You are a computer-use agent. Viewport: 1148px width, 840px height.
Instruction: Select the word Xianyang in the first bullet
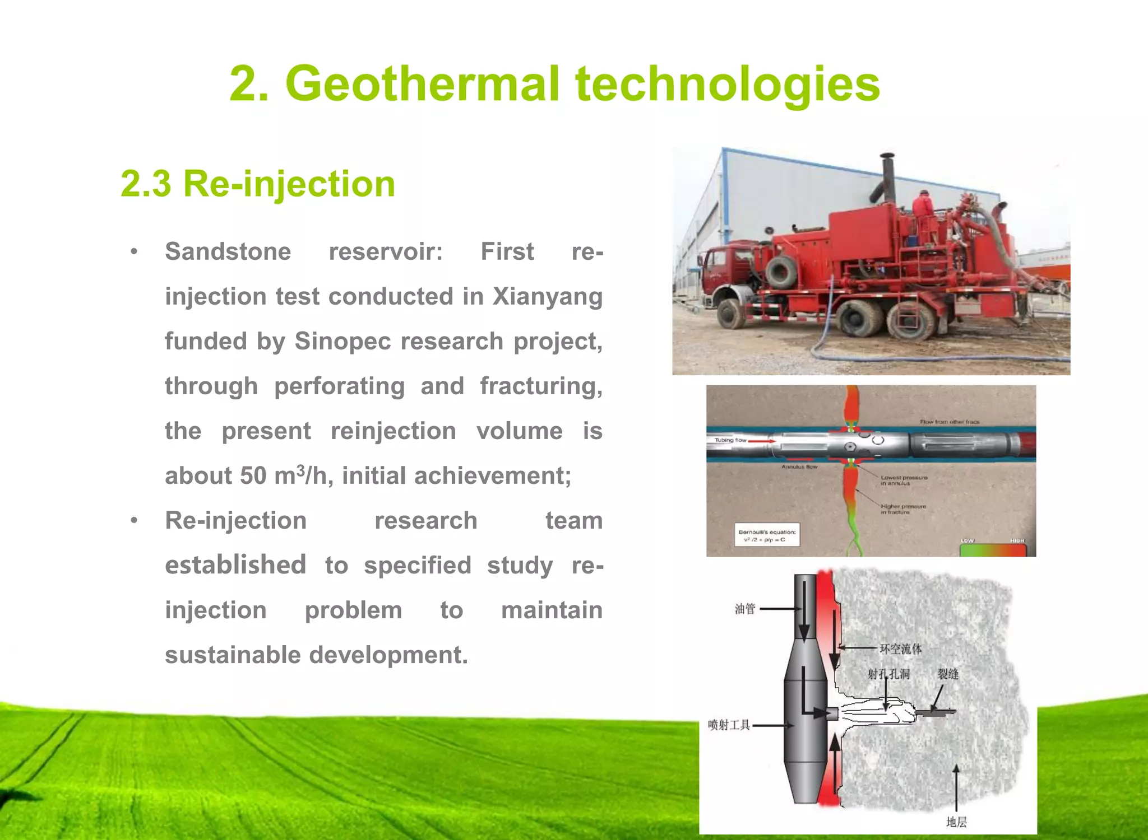point(547,296)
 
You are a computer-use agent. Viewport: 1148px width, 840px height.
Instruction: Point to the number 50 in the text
point(253,476)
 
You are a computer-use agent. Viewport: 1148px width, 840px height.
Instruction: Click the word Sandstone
point(228,251)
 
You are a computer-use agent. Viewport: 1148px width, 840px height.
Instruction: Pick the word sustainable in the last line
point(232,655)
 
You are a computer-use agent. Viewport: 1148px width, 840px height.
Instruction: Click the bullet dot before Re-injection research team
point(134,521)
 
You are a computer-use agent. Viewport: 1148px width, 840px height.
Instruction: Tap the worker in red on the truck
point(922,206)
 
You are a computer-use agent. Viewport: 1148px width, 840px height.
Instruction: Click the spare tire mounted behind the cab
point(781,271)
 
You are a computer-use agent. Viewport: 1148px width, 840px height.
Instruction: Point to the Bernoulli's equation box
point(767,535)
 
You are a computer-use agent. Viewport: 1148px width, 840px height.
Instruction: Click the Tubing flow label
point(730,440)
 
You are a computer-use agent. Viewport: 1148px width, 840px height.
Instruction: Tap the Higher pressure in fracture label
point(902,509)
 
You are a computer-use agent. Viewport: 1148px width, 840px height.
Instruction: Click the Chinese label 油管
point(745,609)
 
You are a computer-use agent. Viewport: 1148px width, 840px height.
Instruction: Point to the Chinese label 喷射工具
point(728,725)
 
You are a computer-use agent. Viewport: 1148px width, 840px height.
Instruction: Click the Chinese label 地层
point(956,822)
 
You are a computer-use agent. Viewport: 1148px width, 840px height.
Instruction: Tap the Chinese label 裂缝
point(948,674)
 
